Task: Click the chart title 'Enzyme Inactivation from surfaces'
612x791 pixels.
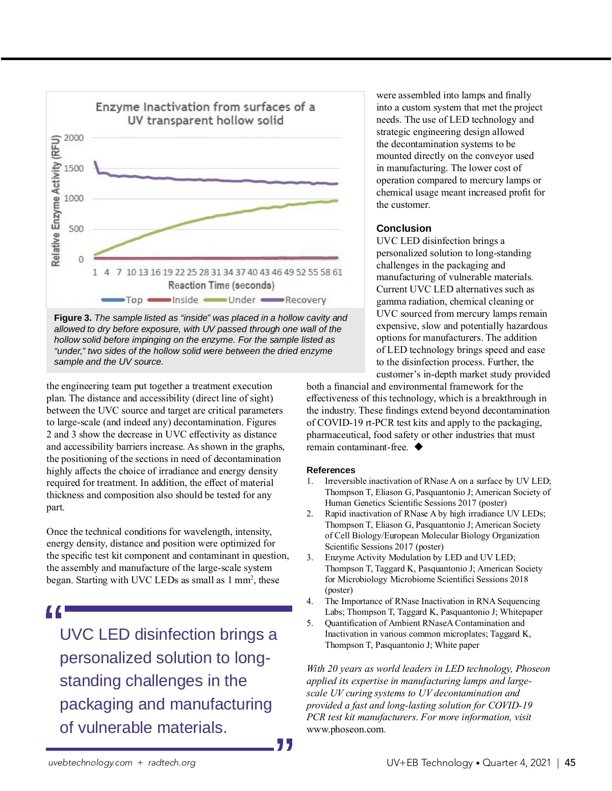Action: click(x=205, y=114)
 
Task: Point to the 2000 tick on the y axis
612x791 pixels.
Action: click(x=74, y=138)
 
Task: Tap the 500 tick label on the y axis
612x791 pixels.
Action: click(x=76, y=229)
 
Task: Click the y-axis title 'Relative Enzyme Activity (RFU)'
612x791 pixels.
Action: click(x=56, y=201)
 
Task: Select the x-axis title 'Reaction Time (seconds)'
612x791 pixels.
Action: click(x=221, y=286)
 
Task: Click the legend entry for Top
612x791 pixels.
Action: click(x=123, y=301)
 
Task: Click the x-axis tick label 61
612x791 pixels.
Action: click(x=337, y=272)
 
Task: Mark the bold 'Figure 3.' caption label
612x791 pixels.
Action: click(x=73, y=318)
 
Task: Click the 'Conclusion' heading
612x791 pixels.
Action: click(x=404, y=228)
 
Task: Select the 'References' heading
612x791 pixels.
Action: click(x=331, y=470)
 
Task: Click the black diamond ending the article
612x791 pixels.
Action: click(x=419, y=447)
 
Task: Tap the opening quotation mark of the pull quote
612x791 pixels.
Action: click(x=54, y=612)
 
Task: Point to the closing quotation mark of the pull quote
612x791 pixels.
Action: click(x=285, y=745)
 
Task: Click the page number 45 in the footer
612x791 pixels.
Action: click(x=570, y=763)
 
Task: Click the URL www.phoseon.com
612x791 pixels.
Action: click(x=345, y=729)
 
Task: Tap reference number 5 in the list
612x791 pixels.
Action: click(x=310, y=623)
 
